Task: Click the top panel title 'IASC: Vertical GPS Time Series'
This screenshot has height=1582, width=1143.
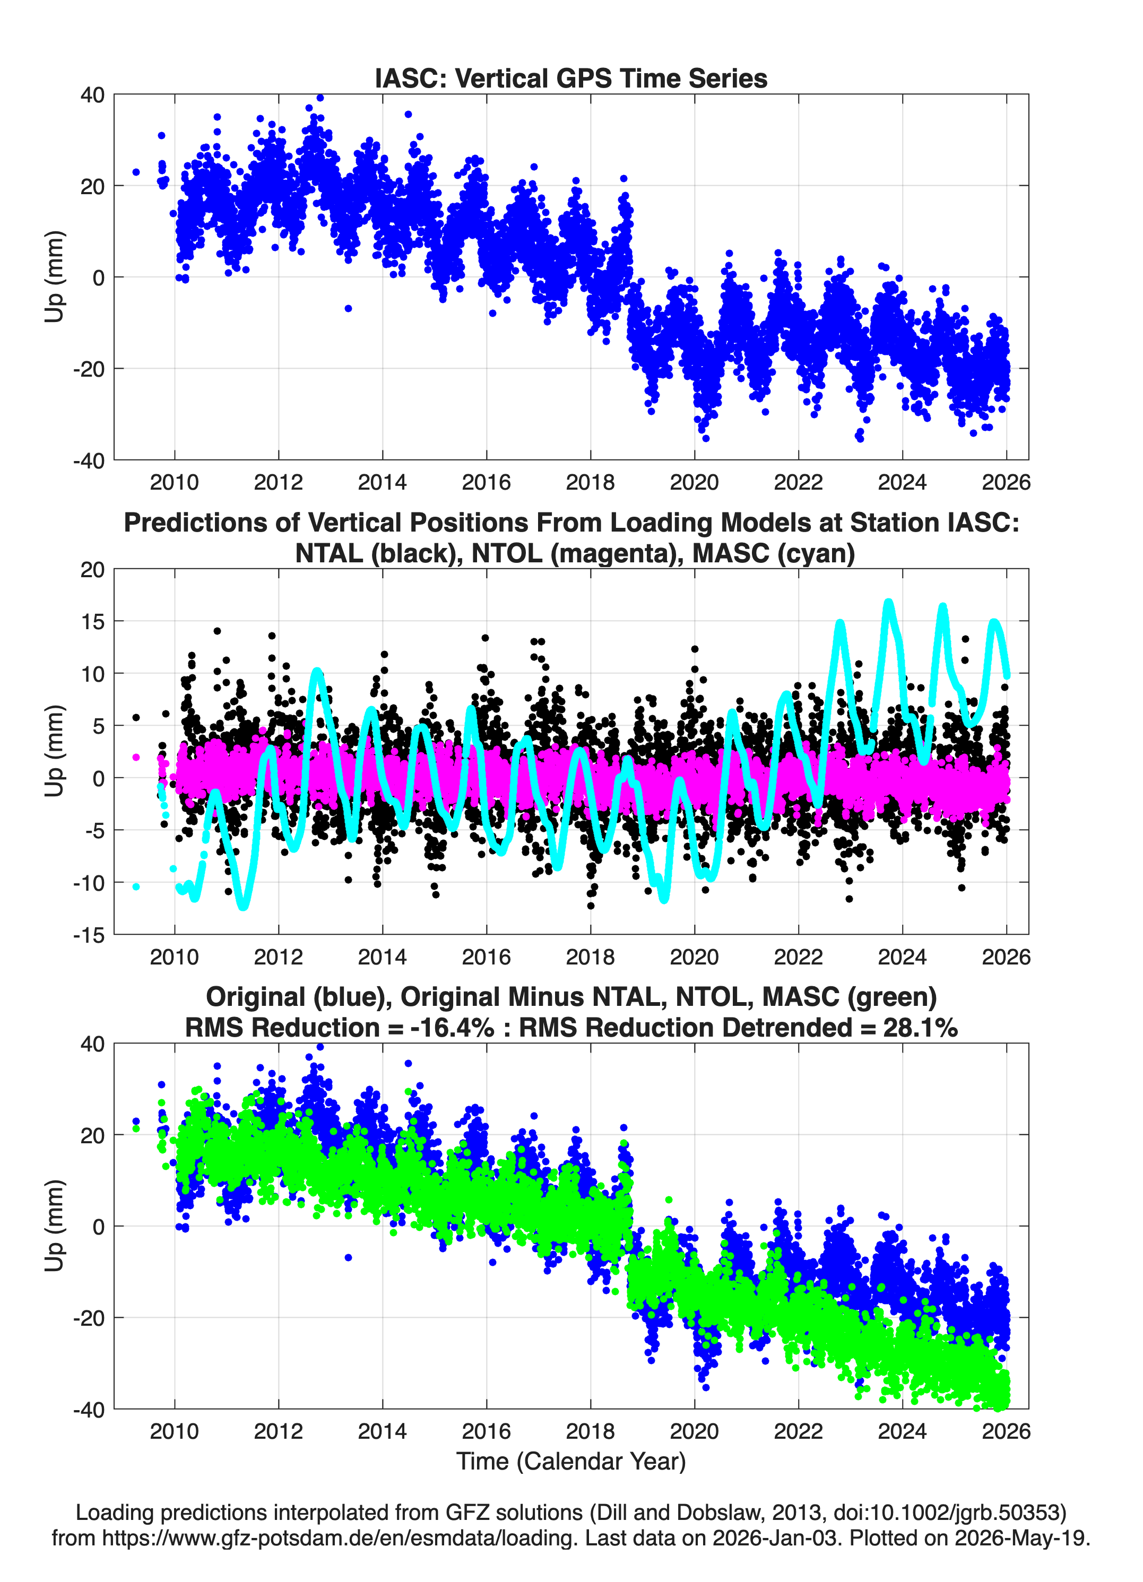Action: pyautogui.click(x=571, y=78)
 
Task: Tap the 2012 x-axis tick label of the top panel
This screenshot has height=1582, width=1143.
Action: pyautogui.click(x=279, y=482)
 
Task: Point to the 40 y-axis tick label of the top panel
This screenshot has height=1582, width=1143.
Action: pyautogui.click(x=92, y=95)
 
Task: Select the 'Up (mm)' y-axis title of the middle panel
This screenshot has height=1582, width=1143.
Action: pyautogui.click(x=55, y=751)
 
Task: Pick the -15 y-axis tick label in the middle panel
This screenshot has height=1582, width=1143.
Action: pyautogui.click(x=89, y=935)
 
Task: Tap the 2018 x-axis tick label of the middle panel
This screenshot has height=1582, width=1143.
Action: pyautogui.click(x=591, y=957)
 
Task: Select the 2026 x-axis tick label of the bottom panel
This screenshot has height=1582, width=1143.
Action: pyautogui.click(x=1006, y=1431)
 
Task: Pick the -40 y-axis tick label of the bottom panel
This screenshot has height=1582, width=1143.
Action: pyautogui.click(x=89, y=1410)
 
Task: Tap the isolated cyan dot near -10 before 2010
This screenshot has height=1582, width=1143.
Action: pyautogui.click(x=136, y=886)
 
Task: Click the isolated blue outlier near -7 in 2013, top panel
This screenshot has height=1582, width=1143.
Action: pyautogui.click(x=348, y=308)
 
